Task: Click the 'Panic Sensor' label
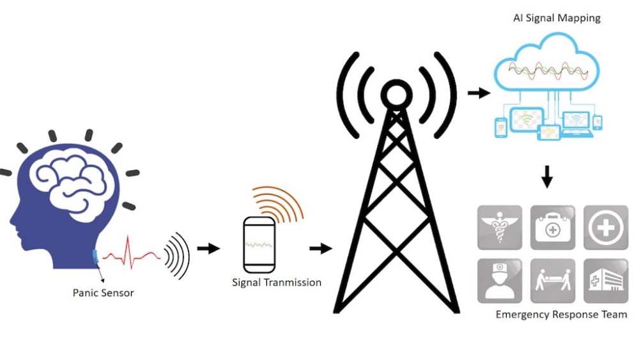(103, 293)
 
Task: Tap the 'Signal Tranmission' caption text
(276, 282)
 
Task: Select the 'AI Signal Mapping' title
(557, 18)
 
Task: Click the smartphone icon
(261, 244)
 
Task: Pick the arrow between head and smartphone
(208, 248)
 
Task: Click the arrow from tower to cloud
(479, 93)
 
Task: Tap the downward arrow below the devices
(547, 177)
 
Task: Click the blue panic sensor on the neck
(96, 256)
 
